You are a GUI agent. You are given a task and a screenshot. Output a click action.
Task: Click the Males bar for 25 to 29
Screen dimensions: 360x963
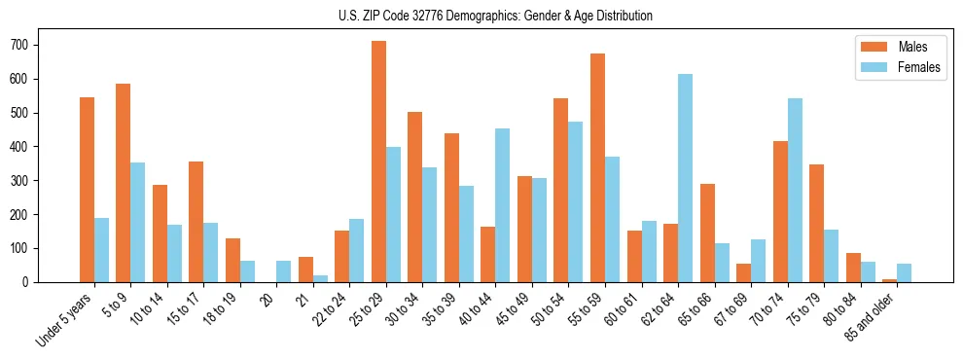(x=378, y=162)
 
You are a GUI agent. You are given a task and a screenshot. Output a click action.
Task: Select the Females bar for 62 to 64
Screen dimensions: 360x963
(x=686, y=178)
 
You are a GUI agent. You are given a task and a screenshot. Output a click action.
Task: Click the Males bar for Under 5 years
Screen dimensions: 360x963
(x=87, y=190)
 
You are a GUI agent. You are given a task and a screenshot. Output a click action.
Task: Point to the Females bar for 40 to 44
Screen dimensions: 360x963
(x=503, y=205)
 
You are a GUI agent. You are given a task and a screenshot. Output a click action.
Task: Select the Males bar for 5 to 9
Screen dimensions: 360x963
(x=124, y=183)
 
